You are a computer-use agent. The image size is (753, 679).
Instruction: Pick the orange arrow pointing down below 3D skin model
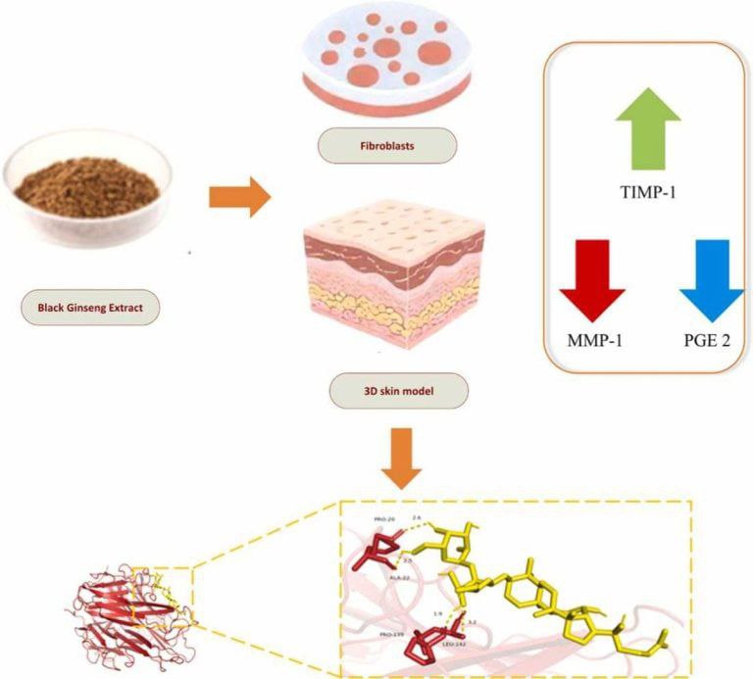tap(401, 458)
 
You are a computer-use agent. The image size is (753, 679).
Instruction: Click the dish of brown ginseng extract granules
tap(86, 180)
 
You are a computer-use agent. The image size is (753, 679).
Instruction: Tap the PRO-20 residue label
tap(385, 519)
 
